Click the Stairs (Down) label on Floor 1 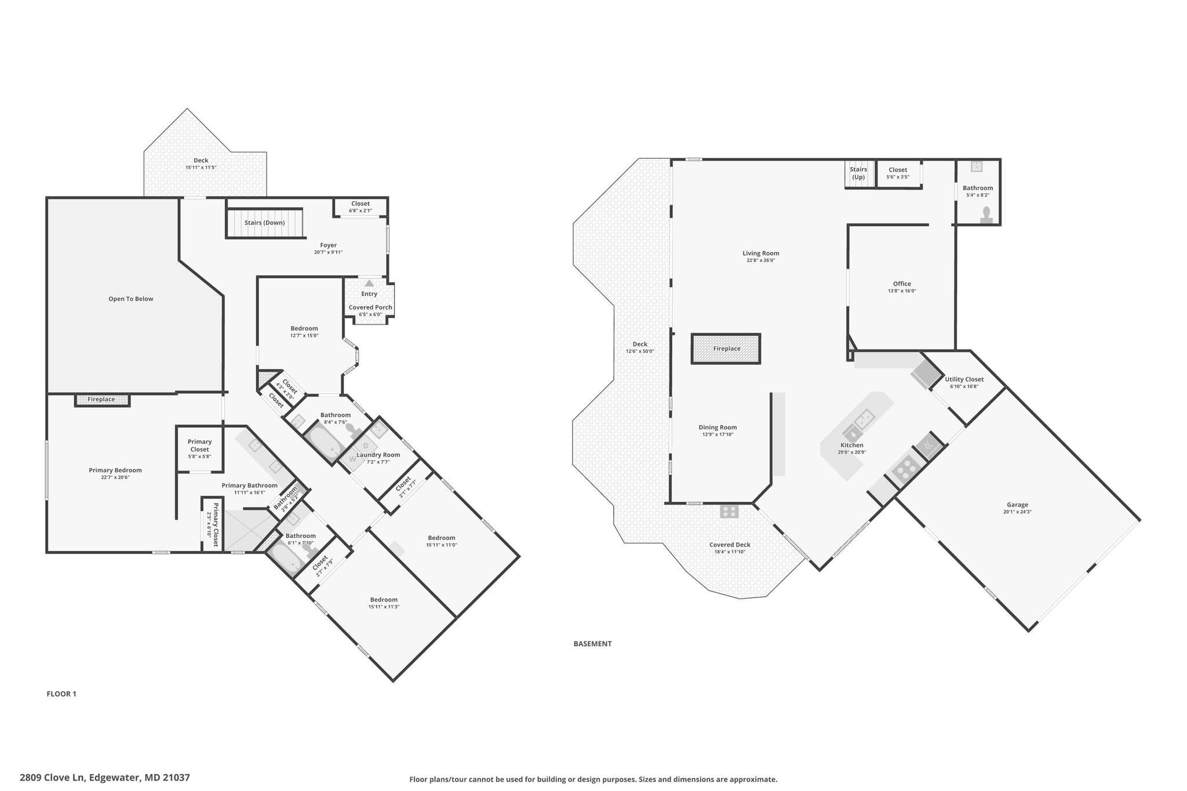click(264, 223)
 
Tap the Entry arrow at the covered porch click(369, 283)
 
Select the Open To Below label click(131, 299)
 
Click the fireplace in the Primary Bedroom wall click(101, 400)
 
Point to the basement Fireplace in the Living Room click(726, 349)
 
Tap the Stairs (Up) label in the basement click(858, 173)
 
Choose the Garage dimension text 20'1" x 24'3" click(1017, 512)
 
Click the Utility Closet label click(964, 380)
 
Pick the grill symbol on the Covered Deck click(729, 511)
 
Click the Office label click(902, 284)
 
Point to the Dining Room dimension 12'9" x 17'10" click(718, 434)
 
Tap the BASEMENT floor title click(592, 643)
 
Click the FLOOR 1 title click(61, 694)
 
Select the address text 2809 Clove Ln click(53, 778)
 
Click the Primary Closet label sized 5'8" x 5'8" click(199, 446)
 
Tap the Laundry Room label click(378, 455)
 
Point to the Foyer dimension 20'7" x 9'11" click(328, 252)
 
